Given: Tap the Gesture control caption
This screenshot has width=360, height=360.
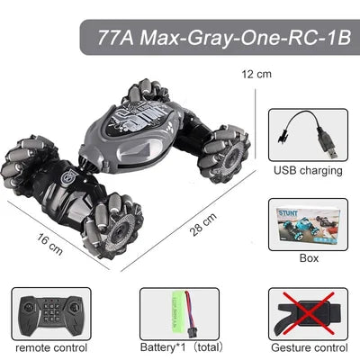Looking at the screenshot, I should [x=309, y=346].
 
